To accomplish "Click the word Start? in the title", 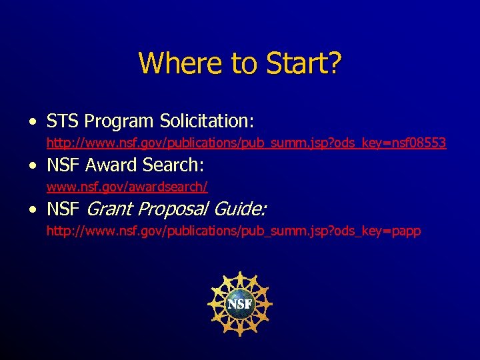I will pyautogui.click(x=304, y=63).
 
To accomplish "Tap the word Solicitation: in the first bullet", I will pyautogui.click(x=207, y=121).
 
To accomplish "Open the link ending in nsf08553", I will pyautogui.click(x=246, y=143).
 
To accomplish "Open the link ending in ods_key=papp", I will pyautogui.click(x=233, y=231).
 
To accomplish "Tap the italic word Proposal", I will pyautogui.click(x=173, y=209).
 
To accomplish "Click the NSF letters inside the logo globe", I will pyautogui.click(x=240, y=304).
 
